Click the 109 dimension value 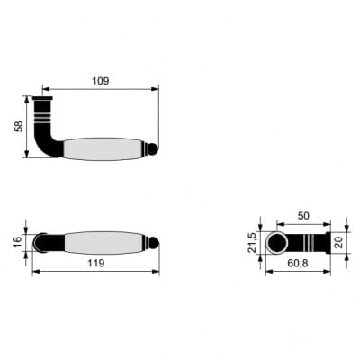(101, 81)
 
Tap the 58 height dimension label (19, 126)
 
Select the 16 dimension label (17, 242)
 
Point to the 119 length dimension (96, 264)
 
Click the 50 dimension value (303, 216)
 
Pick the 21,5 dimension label (252, 242)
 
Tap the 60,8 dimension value (298, 264)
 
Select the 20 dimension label (338, 242)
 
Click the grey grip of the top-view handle (103, 242)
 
